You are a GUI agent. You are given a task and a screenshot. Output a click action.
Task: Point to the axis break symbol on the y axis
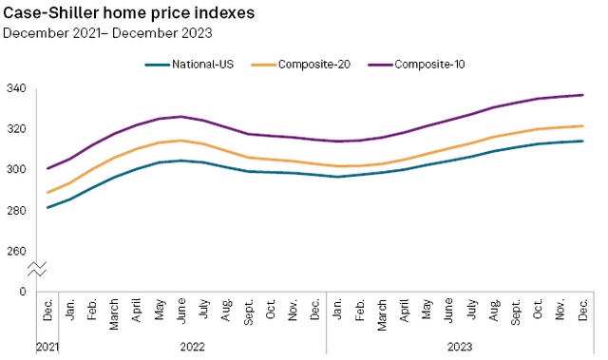35,271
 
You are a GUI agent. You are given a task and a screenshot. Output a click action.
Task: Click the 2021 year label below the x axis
47,348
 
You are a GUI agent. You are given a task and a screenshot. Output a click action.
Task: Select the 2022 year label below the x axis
192,348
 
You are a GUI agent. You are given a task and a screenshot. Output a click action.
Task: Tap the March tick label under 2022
115,313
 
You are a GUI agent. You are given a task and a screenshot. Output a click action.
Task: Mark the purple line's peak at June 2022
181,117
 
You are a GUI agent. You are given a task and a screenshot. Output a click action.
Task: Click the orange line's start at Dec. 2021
47,193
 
